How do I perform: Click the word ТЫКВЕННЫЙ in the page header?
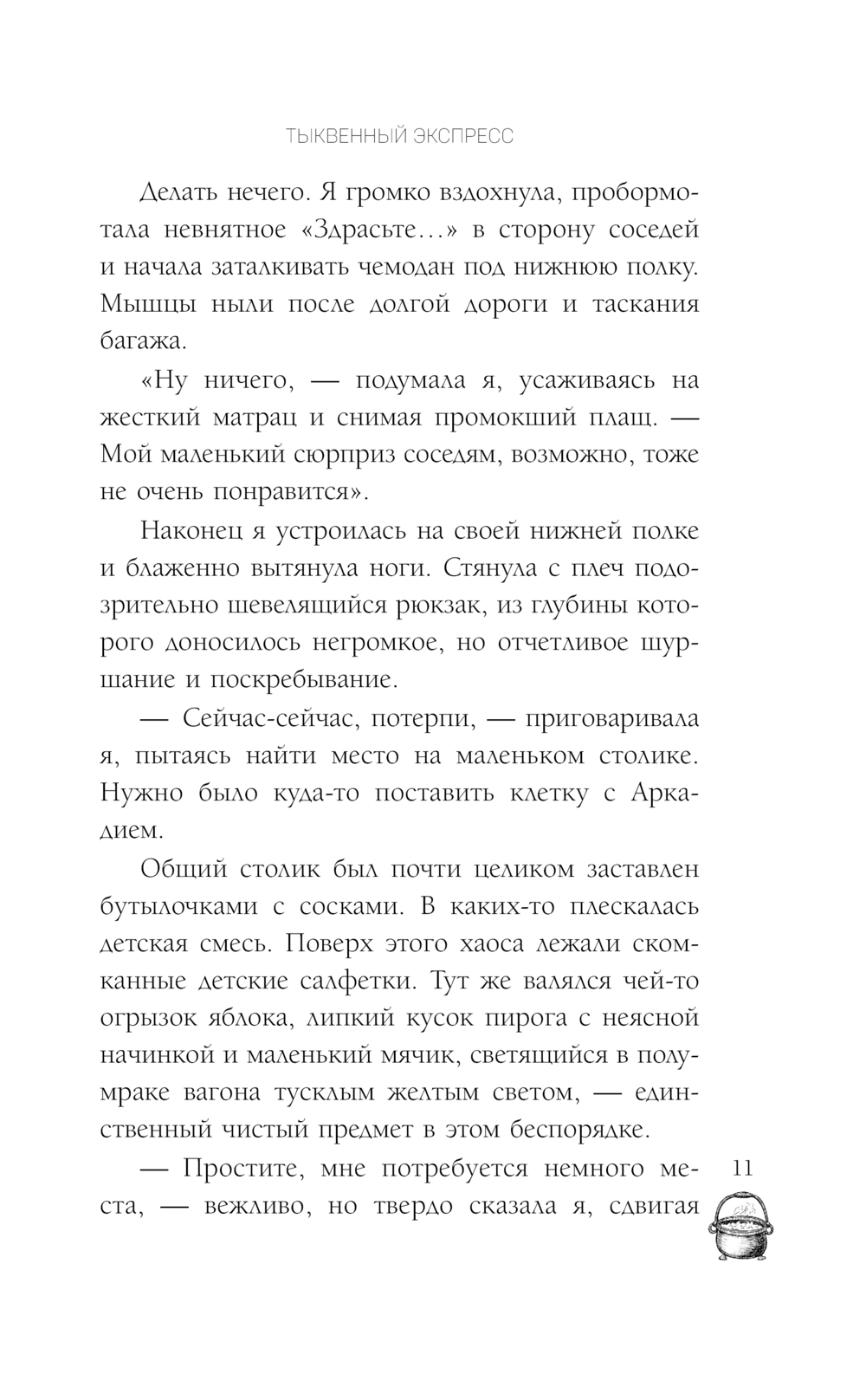pyautogui.click(x=332, y=136)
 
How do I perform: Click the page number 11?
pyautogui.click(x=743, y=1167)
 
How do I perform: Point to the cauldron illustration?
pyautogui.click(x=743, y=1228)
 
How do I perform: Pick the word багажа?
pyautogui.click(x=144, y=341)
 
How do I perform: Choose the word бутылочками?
pyautogui.click(x=184, y=905)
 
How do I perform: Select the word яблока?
pyautogui.click(x=249, y=1018)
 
